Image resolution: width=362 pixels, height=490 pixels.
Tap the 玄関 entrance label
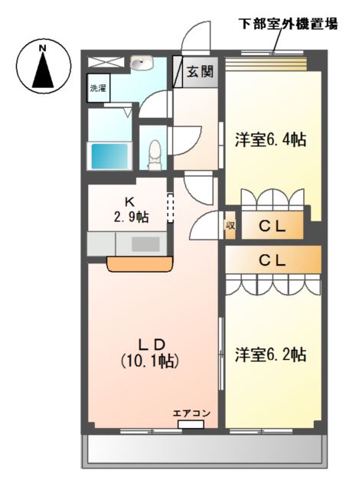point(200,73)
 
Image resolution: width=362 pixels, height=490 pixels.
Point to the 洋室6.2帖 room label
point(270,354)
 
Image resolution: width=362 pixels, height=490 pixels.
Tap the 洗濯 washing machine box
point(97,88)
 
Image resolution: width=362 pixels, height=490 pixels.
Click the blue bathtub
point(109,155)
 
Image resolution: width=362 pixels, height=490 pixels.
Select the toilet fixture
point(154,152)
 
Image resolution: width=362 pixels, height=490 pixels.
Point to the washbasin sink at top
point(142,65)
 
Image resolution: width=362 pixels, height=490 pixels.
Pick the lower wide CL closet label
point(272,260)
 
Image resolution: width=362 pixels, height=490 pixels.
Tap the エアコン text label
point(191,413)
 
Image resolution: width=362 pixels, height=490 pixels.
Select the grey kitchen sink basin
point(145,244)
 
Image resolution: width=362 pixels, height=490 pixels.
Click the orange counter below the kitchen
point(141,264)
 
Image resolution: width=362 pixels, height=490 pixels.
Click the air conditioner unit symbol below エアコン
point(191,424)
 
